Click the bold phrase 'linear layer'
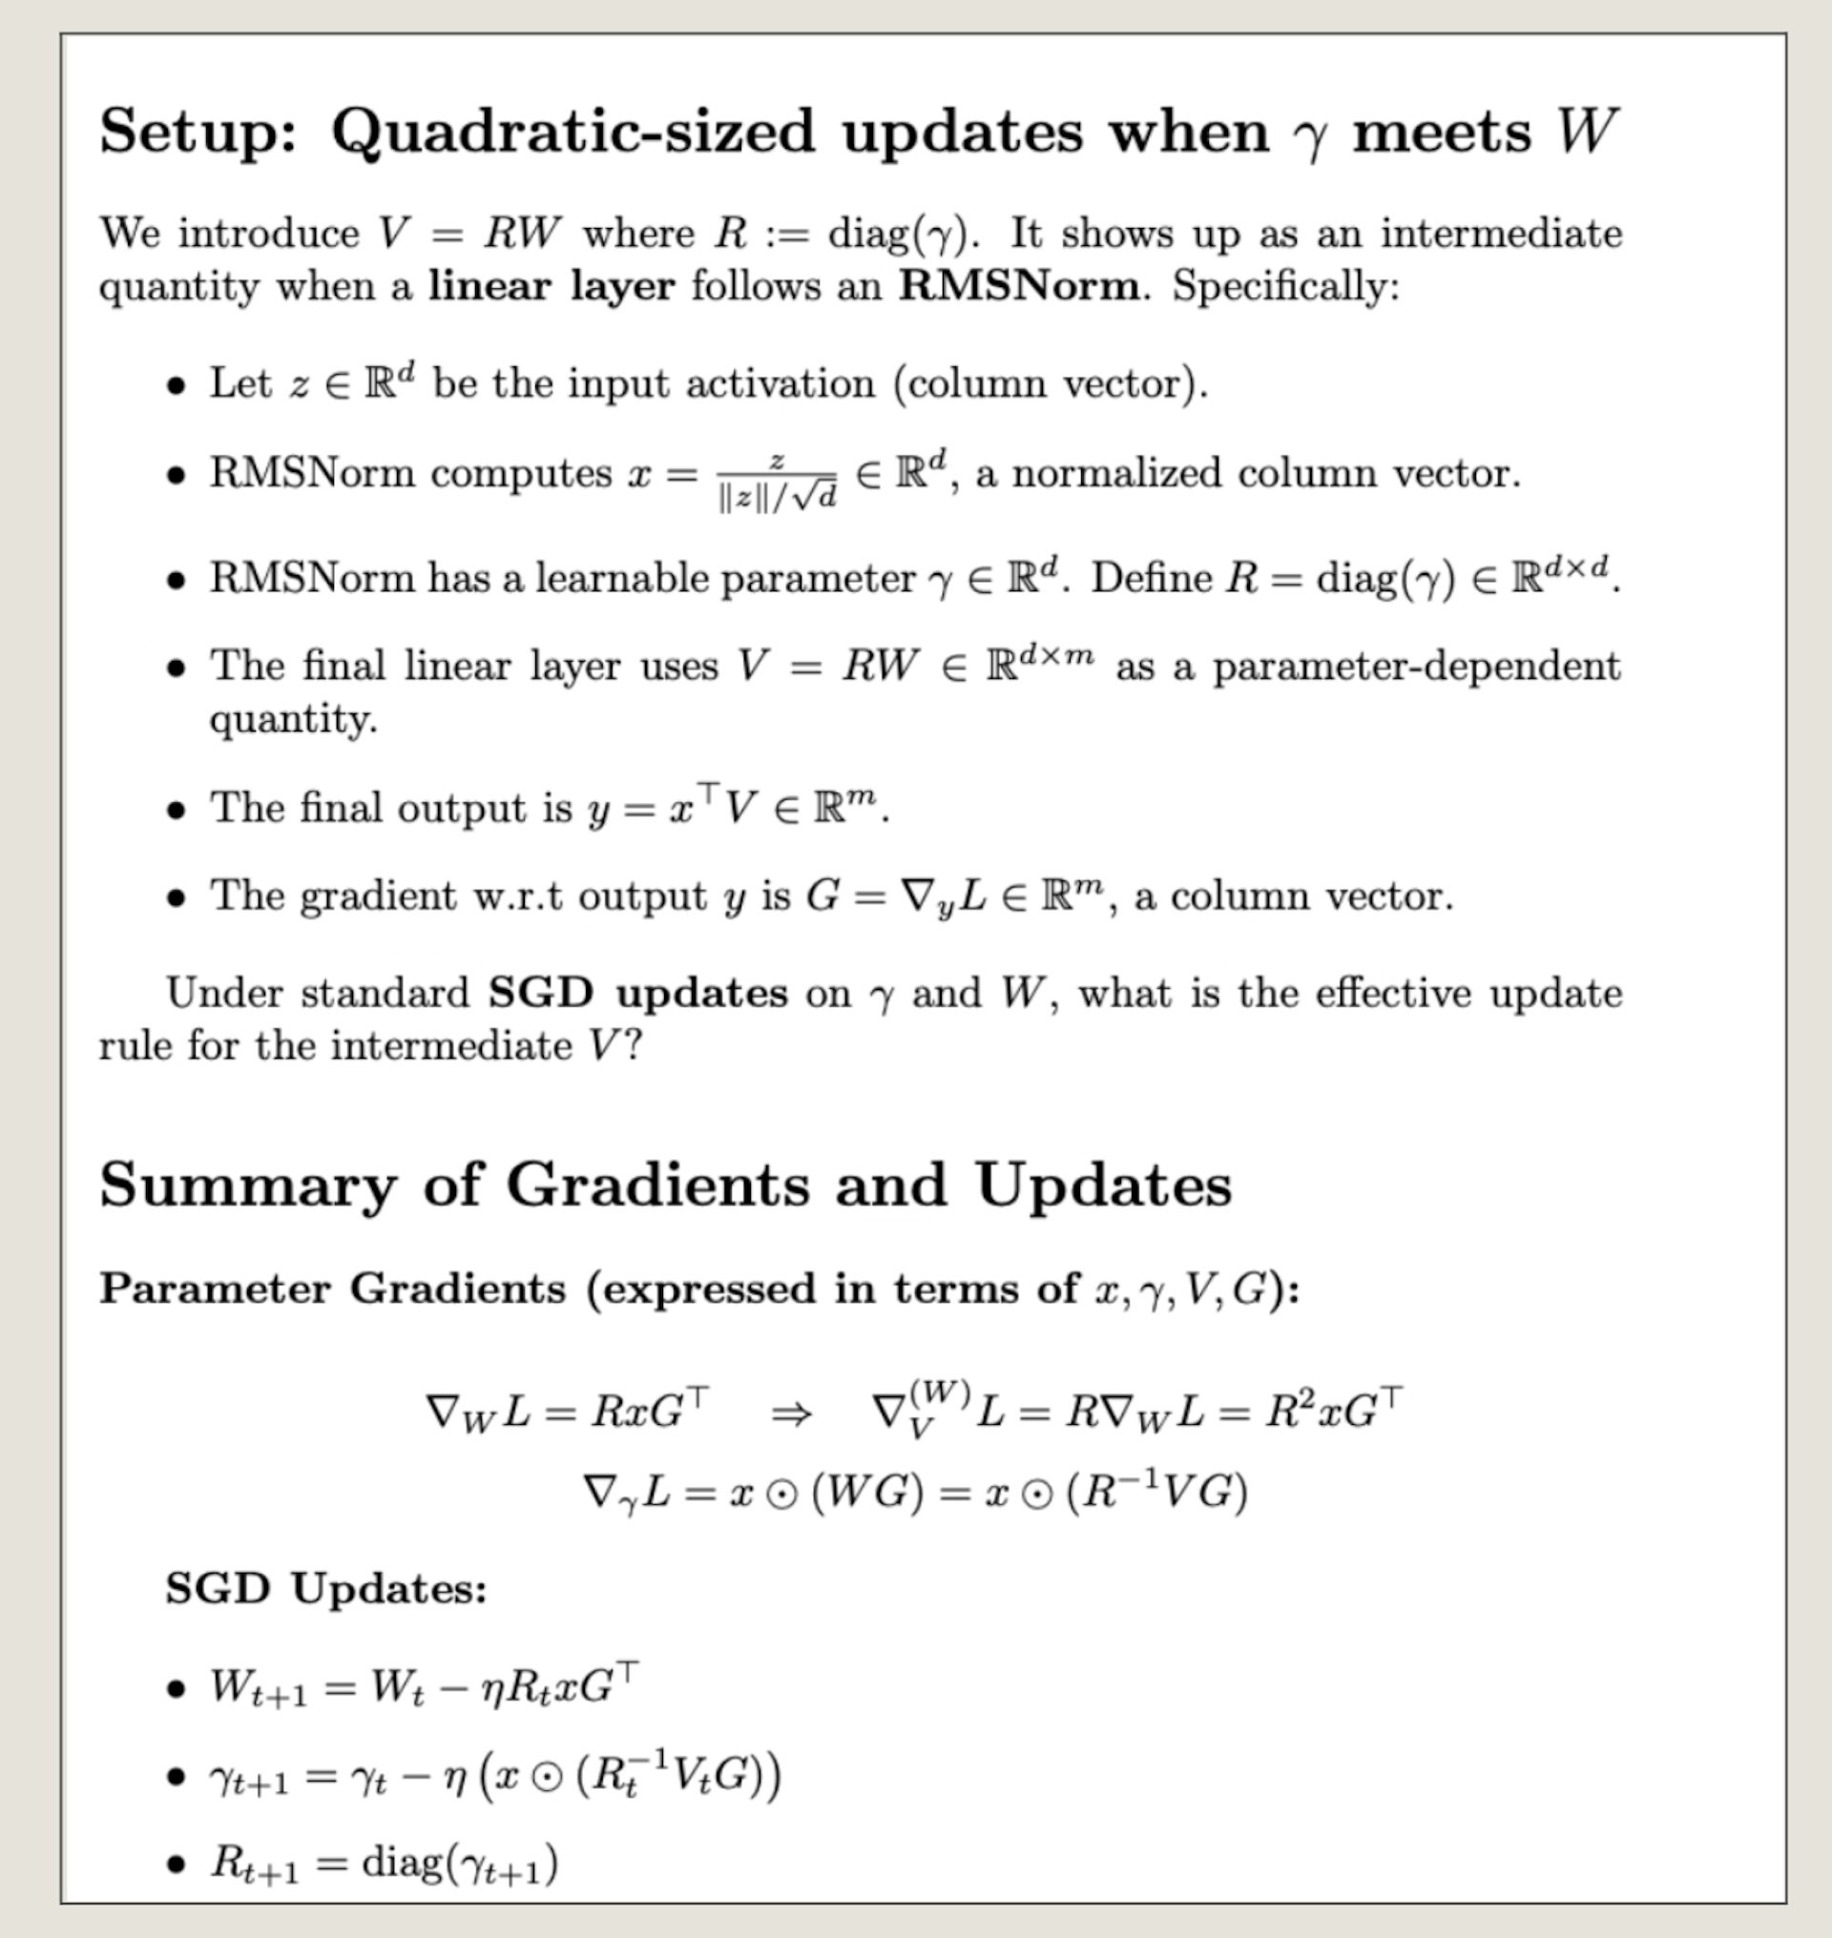(x=552, y=286)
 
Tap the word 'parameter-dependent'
(x=1416, y=667)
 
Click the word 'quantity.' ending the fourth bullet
(x=293, y=719)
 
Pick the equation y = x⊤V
(x=673, y=809)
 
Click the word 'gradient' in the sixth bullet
(x=378, y=897)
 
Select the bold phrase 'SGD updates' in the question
(x=637, y=993)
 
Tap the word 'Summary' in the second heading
(x=248, y=1185)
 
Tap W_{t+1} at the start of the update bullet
(x=258, y=1688)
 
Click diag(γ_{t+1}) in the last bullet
(x=459, y=1863)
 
